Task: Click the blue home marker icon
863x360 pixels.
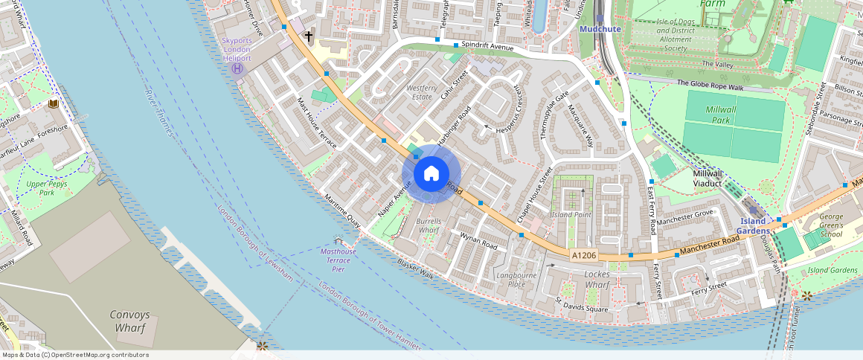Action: point(431,174)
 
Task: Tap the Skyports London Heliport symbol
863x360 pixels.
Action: point(237,68)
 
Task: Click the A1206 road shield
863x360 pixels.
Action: point(584,255)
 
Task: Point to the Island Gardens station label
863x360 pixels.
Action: point(754,225)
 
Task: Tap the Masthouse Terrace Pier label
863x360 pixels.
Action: point(339,260)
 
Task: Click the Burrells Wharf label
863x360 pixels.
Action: point(429,226)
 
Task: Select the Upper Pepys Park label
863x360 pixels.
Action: point(42,187)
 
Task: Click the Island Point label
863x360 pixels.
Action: point(570,214)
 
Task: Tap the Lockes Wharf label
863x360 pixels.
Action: point(597,280)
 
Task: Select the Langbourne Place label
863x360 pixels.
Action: point(516,280)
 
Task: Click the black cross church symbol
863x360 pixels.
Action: point(309,35)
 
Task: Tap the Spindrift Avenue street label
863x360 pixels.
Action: point(488,46)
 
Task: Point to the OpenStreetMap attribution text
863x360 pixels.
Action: point(74,355)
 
